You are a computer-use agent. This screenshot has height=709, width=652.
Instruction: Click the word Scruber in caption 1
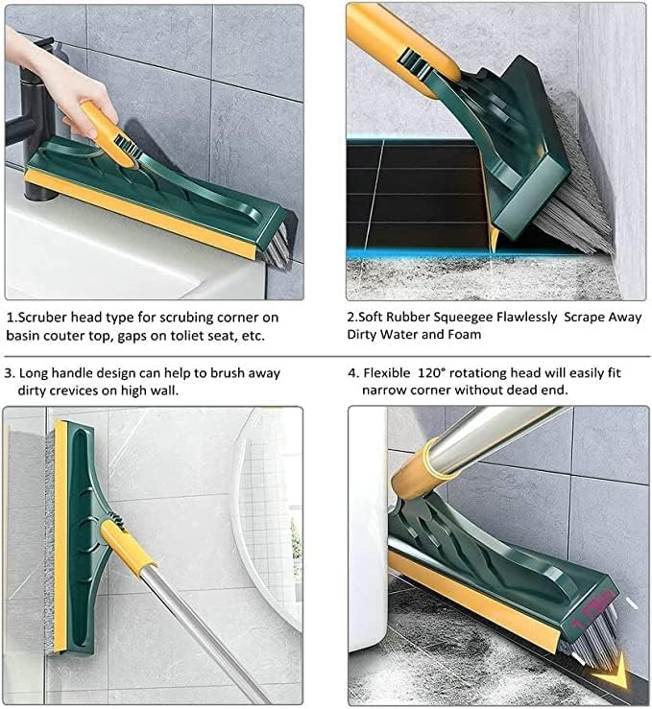point(48,316)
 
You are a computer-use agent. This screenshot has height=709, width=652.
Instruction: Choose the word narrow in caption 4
point(386,391)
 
